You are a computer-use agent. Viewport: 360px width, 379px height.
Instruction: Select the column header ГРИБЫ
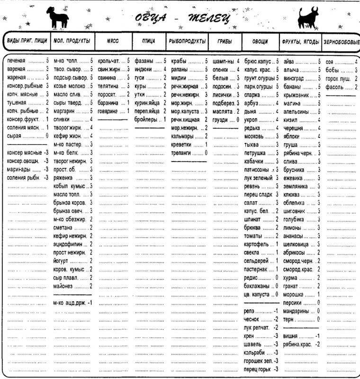point(224,42)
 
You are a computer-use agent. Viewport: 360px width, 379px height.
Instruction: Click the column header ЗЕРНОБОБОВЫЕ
point(341,42)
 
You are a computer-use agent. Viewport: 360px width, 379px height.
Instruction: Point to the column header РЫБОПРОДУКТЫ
point(187,42)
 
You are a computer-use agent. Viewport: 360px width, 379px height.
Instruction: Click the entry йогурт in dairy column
point(62,260)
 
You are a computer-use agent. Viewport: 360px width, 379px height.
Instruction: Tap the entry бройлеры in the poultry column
point(146,119)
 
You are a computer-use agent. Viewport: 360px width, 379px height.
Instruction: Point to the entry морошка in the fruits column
point(294,294)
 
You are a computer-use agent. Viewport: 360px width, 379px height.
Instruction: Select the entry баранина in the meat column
point(109,103)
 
